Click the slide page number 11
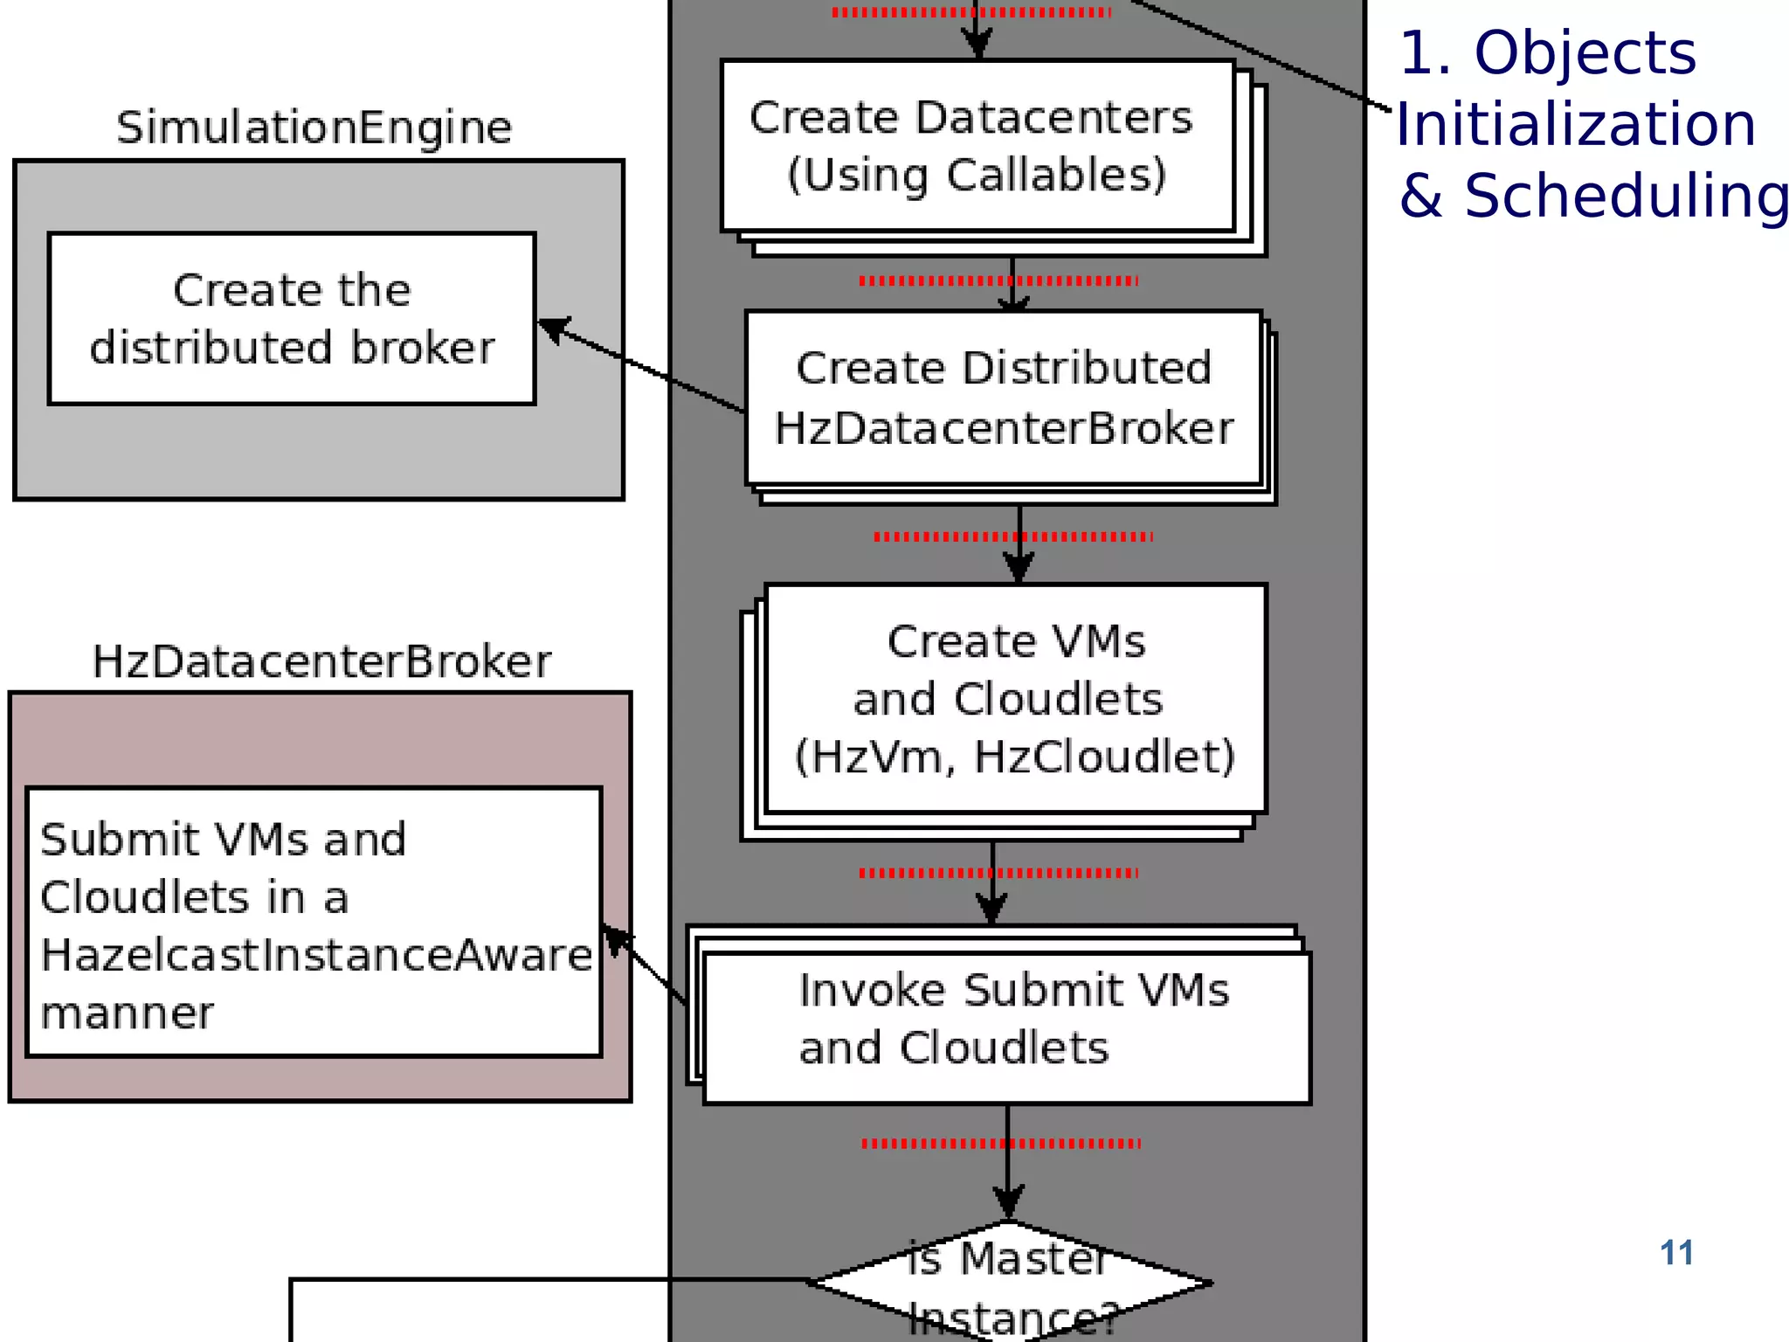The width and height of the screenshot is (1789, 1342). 1675,1253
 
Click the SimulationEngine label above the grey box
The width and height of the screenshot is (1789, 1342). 314,128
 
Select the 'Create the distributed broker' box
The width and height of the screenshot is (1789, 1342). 292,319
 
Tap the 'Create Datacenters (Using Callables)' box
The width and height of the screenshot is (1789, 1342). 977,146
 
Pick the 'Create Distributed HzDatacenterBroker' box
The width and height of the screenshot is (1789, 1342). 1004,398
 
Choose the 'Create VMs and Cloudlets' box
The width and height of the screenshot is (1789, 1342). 1015,698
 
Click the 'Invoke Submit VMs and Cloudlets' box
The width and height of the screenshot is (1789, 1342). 1006,1027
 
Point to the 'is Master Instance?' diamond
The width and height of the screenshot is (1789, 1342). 1010,1283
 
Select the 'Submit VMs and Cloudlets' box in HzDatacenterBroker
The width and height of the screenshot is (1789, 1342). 314,923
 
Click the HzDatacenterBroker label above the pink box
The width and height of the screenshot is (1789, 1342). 321,661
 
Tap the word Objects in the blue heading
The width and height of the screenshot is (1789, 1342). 1585,53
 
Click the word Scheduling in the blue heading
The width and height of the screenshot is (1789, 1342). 1626,196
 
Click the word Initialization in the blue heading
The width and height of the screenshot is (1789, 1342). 1575,124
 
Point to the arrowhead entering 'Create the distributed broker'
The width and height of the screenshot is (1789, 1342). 549,328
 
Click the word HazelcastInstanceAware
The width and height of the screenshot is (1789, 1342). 316,954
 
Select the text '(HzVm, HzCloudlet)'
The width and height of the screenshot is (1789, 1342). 1014,757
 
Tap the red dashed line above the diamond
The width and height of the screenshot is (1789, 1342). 1000,1143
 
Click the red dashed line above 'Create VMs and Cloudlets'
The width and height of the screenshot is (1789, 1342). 1012,536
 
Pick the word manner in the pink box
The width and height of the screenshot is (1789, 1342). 127,1013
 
